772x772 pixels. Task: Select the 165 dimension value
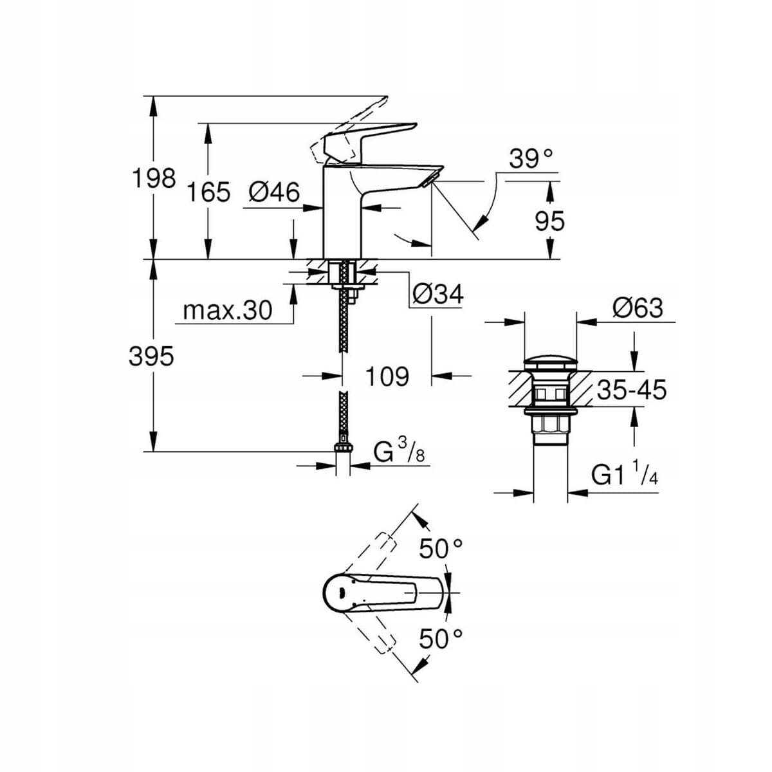tap(209, 192)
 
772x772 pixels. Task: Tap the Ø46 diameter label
tap(274, 192)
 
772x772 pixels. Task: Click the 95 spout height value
tap(550, 221)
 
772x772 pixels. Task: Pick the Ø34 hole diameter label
tap(437, 295)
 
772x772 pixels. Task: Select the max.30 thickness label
tap(228, 311)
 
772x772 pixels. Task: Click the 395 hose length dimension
tap(151, 356)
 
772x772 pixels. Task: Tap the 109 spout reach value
tap(387, 376)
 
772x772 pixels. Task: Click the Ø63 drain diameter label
tap(638, 308)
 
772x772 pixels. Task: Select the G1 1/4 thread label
tap(624, 476)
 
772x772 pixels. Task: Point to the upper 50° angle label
tap(441, 549)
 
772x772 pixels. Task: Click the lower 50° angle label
tap(441, 638)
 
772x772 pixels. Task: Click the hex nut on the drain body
tap(551, 425)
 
